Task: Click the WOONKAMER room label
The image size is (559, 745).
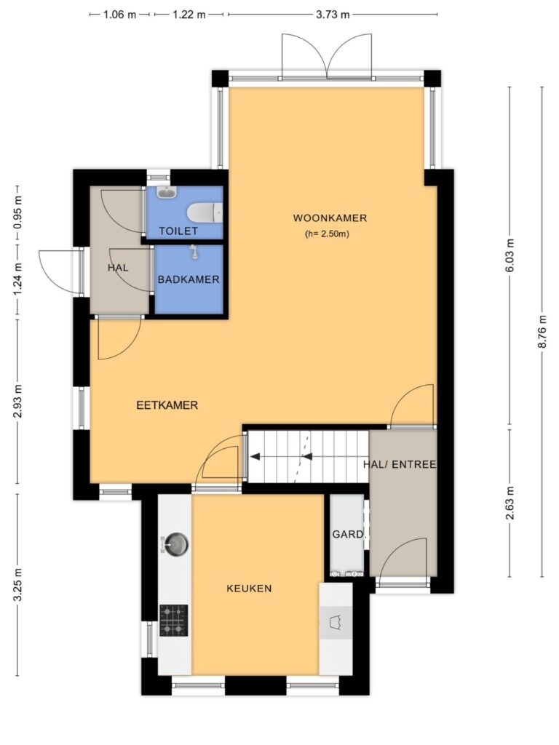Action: [330, 218]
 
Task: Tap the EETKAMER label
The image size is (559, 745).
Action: [167, 405]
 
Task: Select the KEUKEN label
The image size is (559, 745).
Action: [249, 588]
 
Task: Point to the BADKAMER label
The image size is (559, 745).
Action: [189, 279]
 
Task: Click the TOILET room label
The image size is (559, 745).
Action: [178, 231]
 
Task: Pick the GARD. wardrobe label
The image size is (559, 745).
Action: [349, 535]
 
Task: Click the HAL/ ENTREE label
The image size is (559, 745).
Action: [400, 464]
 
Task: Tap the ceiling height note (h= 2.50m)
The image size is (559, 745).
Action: [327, 234]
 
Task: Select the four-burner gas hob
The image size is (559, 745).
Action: [173, 620]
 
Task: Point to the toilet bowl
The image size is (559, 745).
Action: [205, 213]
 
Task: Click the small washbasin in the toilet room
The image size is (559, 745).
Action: [167, 192]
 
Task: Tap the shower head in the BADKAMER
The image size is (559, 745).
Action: [194, 251]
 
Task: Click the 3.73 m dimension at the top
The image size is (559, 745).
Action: [333, 15]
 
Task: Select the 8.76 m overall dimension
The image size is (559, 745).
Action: [542, 332]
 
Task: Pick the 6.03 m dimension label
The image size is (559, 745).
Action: [510, 255]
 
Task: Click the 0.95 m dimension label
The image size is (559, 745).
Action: [17, 212]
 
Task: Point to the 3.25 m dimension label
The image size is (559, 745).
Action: [17, 584]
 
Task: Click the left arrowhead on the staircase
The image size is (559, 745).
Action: [255, 457]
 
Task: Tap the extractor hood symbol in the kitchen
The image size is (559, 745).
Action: [336, 622]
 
